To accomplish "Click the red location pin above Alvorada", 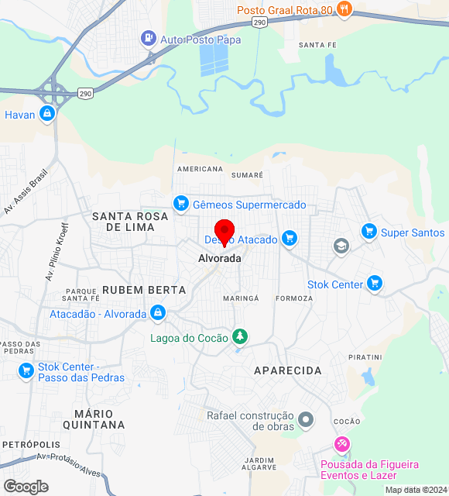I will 224,232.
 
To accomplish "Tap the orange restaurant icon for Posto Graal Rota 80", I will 345,10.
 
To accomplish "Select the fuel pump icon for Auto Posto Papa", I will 147,38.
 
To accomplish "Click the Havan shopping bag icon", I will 48,115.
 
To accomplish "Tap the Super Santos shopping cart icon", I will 368,232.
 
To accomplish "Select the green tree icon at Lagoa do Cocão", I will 241,337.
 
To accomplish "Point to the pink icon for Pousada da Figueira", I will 341,444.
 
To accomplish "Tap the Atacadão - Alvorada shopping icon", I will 158,313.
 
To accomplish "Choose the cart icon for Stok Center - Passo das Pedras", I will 26,372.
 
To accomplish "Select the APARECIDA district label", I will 288,371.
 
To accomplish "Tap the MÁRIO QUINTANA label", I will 99,419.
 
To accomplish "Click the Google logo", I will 26,487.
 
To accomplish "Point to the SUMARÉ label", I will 248,176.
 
